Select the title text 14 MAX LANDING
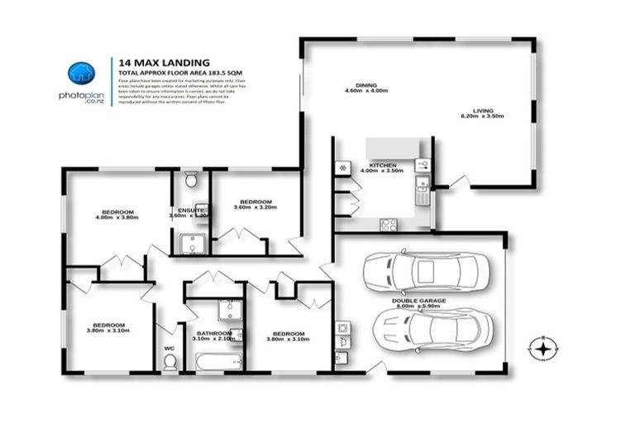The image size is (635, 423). tap(164, 61)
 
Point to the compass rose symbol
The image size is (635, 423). tap(542, 349)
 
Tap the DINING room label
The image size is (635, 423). tap(366, 85)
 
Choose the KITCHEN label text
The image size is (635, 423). tap(383, 166)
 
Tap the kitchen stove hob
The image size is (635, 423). tap(389, 223)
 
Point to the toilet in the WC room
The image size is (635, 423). tap(170, 361)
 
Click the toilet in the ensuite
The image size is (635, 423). tap(190, 179)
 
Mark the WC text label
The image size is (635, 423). tap(169, 349)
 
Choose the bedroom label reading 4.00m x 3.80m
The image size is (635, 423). tap(116, 212)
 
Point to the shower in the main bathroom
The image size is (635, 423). tap(228, 310)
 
